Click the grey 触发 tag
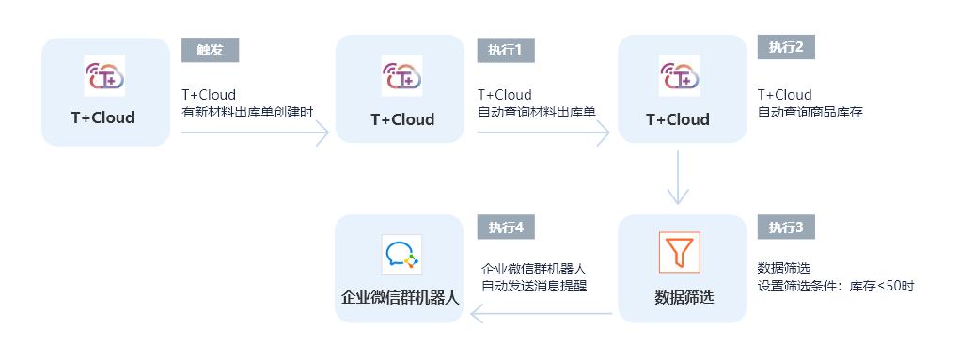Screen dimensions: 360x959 210,50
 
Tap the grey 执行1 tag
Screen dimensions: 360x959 506,50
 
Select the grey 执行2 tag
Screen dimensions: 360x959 785,47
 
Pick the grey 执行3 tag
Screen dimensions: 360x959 785,227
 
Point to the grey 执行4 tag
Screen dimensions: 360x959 506,227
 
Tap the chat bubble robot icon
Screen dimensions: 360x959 401,254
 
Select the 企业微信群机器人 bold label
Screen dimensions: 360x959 400,298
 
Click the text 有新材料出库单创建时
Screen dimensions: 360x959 247,113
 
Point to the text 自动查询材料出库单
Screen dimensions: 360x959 536,113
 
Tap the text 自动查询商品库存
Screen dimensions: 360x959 810,113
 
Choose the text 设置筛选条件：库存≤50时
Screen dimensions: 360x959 835,287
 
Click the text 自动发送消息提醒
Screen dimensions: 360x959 534,286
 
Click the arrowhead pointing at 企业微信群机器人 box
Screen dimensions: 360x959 476,315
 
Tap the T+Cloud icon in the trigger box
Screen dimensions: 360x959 105,76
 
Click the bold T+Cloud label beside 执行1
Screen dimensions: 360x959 402,119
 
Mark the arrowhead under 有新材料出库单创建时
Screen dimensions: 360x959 322,133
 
